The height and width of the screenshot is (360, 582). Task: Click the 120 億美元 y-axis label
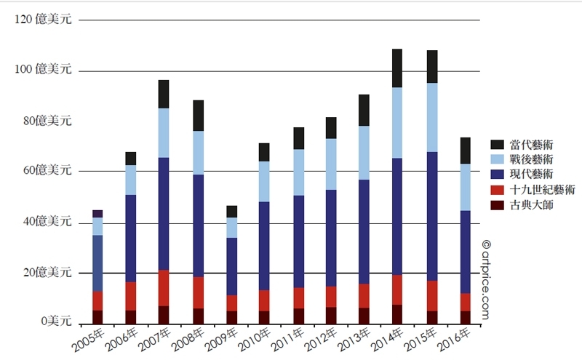43,20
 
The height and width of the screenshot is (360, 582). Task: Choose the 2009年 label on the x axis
223,339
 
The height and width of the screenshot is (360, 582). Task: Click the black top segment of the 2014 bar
397,68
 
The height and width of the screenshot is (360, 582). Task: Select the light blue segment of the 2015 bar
432,117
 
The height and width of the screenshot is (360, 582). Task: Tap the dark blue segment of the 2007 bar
164,214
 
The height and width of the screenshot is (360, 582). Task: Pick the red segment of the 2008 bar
198,292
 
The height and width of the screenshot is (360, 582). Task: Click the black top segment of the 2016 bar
466,151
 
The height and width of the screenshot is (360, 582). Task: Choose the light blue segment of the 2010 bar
264,181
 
